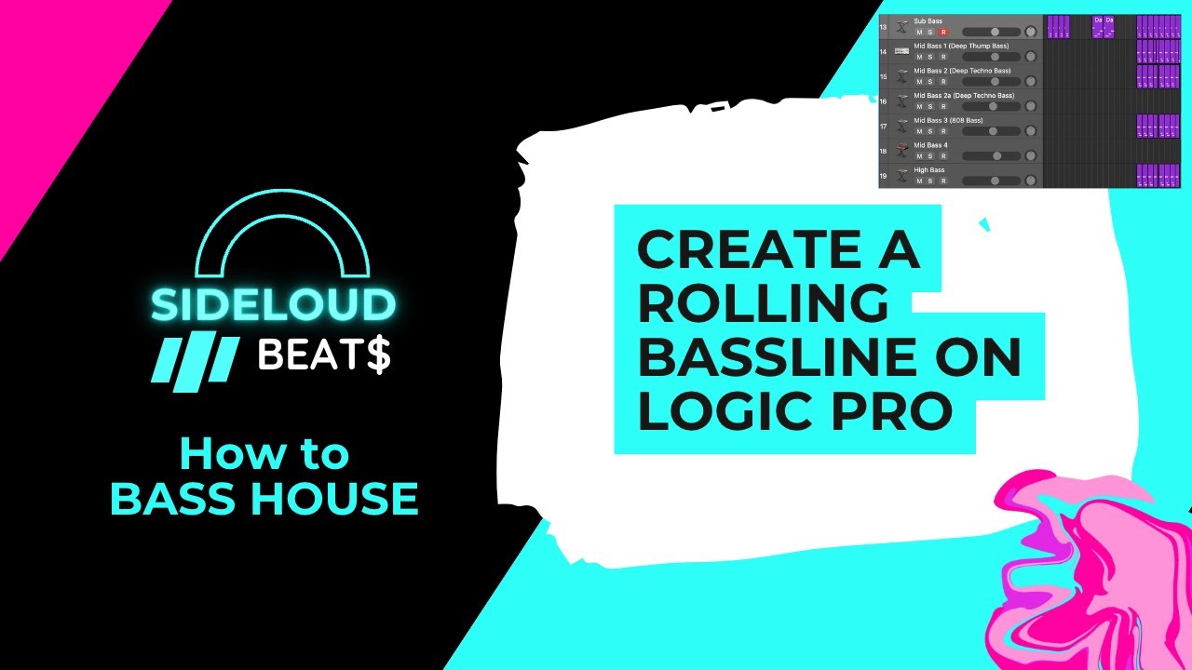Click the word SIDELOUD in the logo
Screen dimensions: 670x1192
(273, 304)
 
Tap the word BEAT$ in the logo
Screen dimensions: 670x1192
(323, 355)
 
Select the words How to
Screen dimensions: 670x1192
(264, 454)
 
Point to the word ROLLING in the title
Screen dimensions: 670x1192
(762, 305)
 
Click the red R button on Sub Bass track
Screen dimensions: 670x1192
(943, 33)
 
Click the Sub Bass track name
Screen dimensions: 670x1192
(928, 20)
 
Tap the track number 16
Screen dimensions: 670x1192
(883, 101)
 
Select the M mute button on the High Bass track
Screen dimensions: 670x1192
(919, 181)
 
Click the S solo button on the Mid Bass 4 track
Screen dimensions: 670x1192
(930, 156)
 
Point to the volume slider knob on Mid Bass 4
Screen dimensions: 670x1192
(996, 156)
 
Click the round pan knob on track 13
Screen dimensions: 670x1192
(1031, 32)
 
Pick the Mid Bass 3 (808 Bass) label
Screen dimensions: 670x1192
(948, 120)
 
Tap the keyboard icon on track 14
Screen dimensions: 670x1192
(901, 51)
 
